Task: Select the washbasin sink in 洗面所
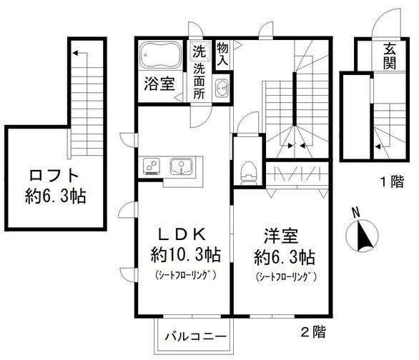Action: (221, 89)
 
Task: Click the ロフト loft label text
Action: (46, 175)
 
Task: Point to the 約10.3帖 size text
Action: (184, 254)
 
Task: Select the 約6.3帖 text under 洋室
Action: (284, 255)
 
